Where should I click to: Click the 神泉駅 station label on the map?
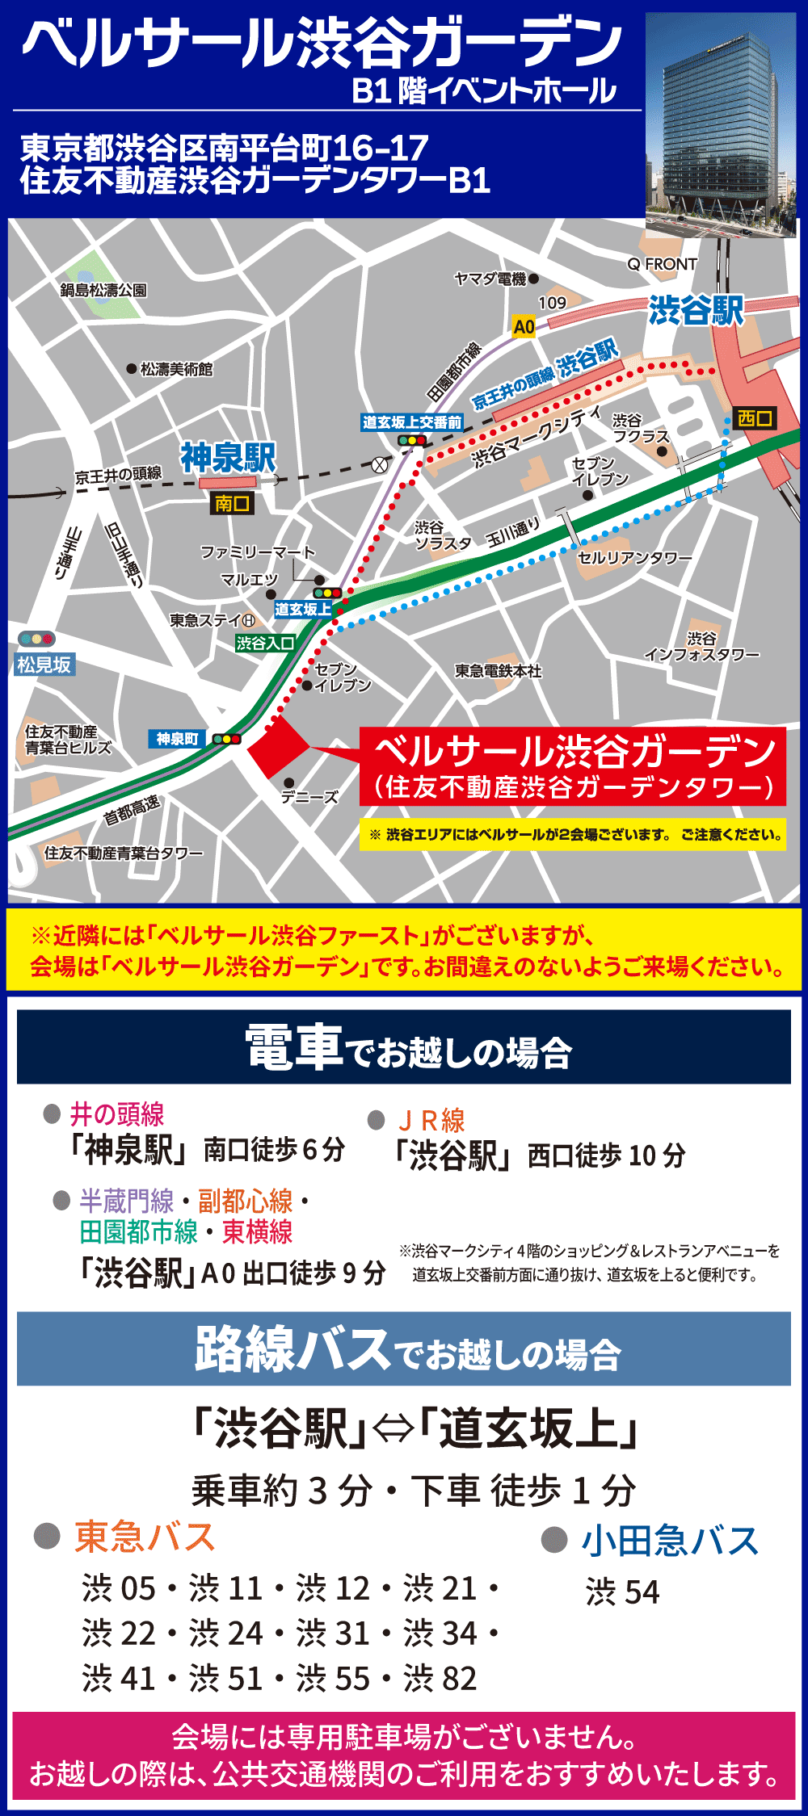click(x=228, y=457)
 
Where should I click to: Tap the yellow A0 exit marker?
click(x=524, y=326)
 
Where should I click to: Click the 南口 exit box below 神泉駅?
click(x=232, y=503)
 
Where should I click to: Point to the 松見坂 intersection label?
click(x=44, y=665)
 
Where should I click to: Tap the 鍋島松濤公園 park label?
click(x=103, y=290)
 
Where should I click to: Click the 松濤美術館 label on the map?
click(x=176, y=369)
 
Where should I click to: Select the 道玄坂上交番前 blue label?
click(x=412, y=422)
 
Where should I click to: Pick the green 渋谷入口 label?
click(x=264, y=643)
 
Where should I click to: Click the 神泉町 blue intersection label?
click(x=178, y=739)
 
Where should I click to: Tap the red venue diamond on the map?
click(x=278, y=748)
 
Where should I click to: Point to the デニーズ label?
click(x=309, y=797)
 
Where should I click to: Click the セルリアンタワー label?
click(x=635, y=558)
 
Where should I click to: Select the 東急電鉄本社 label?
click(x=498, y=671)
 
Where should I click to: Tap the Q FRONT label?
click(x=662, y=264)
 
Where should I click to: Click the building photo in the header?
click(x=721, y=125)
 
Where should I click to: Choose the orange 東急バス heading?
click(x=145, y=1537)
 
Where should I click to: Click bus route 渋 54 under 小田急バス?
click(x=623, y=1592)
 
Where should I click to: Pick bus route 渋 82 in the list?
click(x=440, y=1678)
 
